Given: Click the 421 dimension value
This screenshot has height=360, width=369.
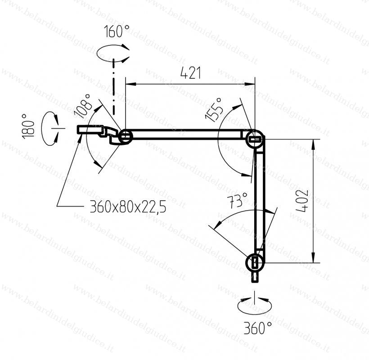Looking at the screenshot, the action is click(x=191, y=73).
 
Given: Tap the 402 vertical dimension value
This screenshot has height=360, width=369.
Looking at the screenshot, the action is click(x=302, y=201).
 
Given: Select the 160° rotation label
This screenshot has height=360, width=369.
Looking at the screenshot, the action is click(x=117, y=31).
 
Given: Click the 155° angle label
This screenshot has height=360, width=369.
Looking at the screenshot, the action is click(x=214, y=110).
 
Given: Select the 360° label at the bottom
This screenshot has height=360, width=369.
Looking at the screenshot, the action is click(x=257, y=328).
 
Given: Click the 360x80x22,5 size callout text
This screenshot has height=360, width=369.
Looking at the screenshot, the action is click(x=128, y=207).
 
